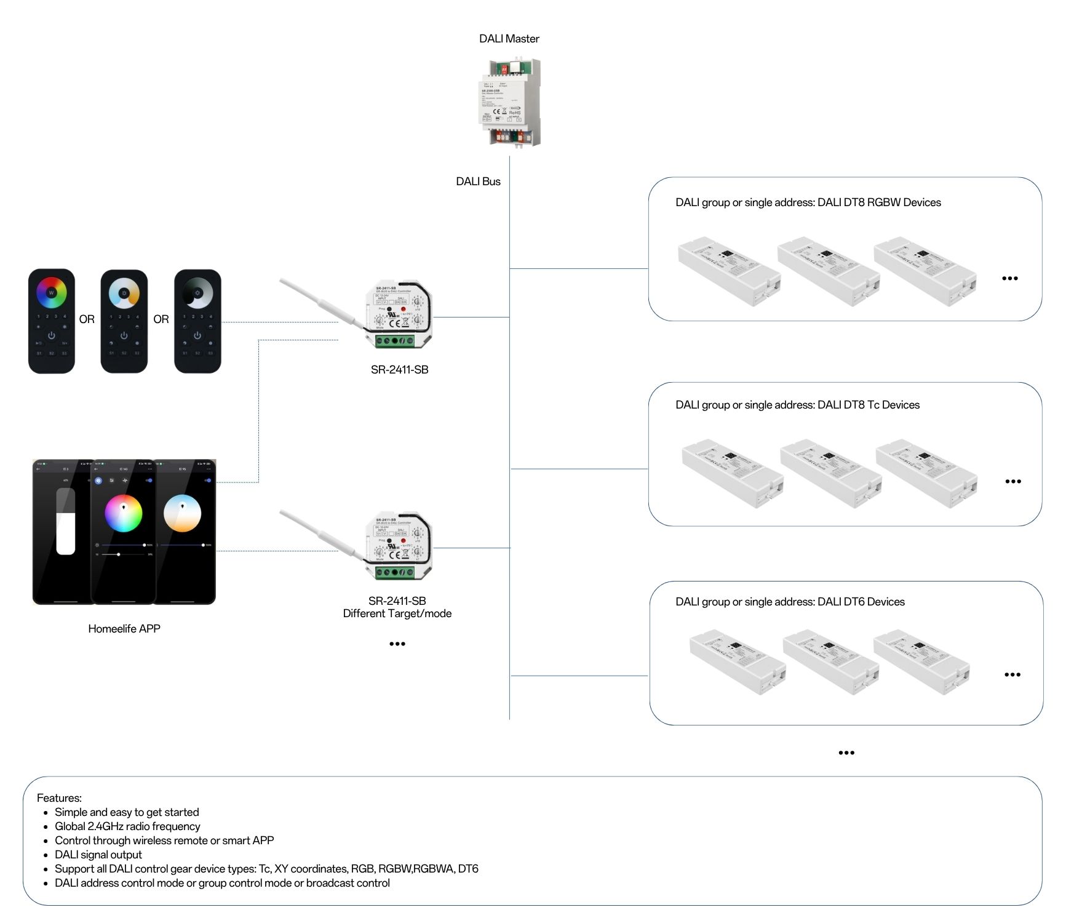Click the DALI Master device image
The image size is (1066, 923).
[x=509, y=102]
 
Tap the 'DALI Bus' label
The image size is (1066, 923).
[x=478, y=182]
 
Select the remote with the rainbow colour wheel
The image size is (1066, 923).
[x=52, y=321]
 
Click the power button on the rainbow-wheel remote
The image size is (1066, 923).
[x=52, y=335]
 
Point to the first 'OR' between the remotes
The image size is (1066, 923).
[x=87, y=319]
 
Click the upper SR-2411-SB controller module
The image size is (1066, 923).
[x=399, y=315]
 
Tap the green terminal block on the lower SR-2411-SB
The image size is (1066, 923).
[x=395, y=572]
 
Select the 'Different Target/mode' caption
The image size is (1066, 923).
[x=397, y=613]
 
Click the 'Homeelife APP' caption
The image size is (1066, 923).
[x=124, y=629]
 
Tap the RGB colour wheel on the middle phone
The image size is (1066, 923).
[x=124, y=513]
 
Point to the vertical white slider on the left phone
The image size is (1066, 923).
[x=66, y=522]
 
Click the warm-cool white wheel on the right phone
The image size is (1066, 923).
[x=182, y=513]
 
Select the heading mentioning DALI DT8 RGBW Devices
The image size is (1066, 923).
[x=808, y=202]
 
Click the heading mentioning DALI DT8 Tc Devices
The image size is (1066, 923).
[x=797, y=405]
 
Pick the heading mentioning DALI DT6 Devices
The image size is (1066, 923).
[x=790, y=602]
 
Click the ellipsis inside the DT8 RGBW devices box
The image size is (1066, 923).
[x=1009, y=278]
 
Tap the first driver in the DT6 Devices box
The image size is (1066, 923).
[x=737, y=662]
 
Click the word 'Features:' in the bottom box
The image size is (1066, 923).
[x=59, y=798]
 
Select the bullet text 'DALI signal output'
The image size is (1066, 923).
[x=98, y=855]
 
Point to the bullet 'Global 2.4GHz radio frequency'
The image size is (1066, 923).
[x=127, y=826]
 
